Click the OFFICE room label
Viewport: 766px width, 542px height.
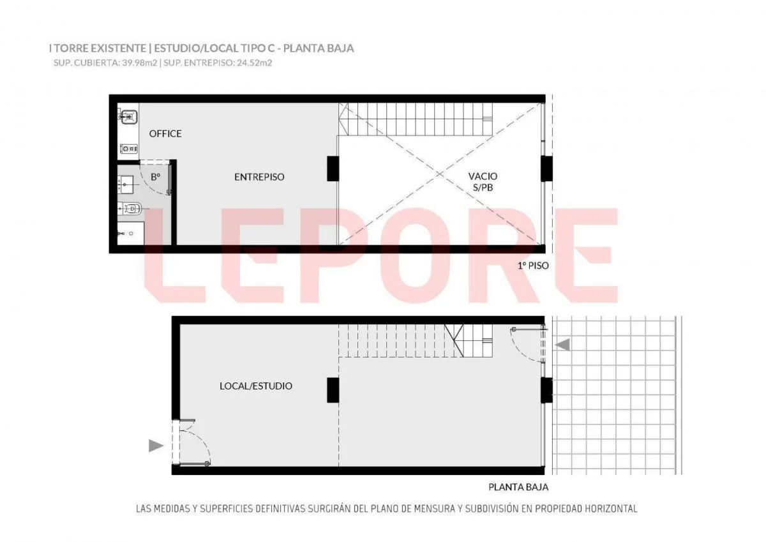[x=165, y=133]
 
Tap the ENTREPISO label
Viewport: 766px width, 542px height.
[x=259, y=177]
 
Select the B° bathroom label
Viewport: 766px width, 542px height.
[x=156, y=177]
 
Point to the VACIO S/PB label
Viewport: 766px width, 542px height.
[x=483, y=181]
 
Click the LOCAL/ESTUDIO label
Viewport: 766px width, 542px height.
[x=256, y=386]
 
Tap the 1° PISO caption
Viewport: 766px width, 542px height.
[x=533, y=266]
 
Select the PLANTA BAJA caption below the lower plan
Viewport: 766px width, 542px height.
[x=518, y=487]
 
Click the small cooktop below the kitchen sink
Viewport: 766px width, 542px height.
[x=128, y=149]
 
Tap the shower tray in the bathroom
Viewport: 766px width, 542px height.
[x=130, y=233]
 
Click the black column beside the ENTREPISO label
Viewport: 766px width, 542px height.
[x=333, y=169]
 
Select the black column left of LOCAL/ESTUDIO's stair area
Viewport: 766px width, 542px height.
[x=333, y=390]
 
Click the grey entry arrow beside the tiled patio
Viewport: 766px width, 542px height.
[x=562, y=345]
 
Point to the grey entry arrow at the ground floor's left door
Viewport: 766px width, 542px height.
[x=156, y=446]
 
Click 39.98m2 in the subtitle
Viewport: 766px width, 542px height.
[x=140, y=63]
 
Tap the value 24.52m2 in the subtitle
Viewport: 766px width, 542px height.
[x=255, y=63]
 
